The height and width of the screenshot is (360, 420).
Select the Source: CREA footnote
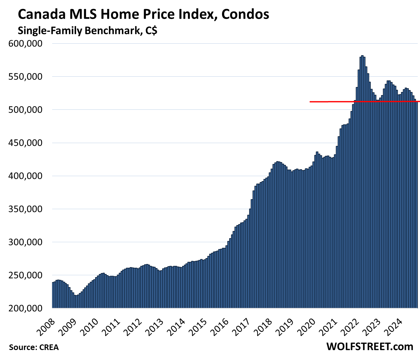pyautogui.click(x=34, y=347)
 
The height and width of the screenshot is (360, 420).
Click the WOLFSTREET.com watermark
pyautogui.click(x=369, y=347)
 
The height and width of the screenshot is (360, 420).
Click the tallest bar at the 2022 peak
pyautogui.click(x=362, y=181)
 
